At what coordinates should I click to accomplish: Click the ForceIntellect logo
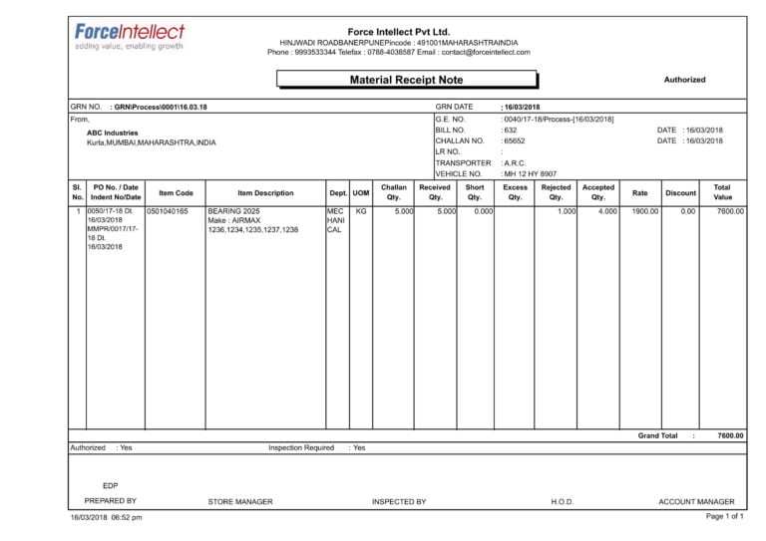tap(129, 36)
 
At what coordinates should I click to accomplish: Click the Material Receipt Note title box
tap(406, 80)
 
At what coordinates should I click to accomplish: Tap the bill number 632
tap(510, 131)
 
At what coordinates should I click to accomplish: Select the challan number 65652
tap(514, 141)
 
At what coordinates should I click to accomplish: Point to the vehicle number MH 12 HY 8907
tap(531, 174)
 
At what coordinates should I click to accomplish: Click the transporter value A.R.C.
tap(515, 163)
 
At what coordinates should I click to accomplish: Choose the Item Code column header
tap(176, 193)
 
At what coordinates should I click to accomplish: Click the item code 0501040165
tap(168, 212)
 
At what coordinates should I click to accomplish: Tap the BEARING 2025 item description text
tap(233, 212)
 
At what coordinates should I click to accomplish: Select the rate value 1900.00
tap(645, 212)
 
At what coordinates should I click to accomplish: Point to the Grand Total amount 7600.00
tap(730, 436)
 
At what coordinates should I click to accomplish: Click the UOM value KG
tap(361, 212)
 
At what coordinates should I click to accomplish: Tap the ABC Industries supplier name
tap(113, 133)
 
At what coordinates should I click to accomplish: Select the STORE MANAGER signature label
tap(239, 502)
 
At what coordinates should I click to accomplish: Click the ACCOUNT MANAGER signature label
tap(696, 502)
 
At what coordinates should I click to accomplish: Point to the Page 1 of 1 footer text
tap(725, 517)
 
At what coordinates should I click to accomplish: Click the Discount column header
tap(680, 193)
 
